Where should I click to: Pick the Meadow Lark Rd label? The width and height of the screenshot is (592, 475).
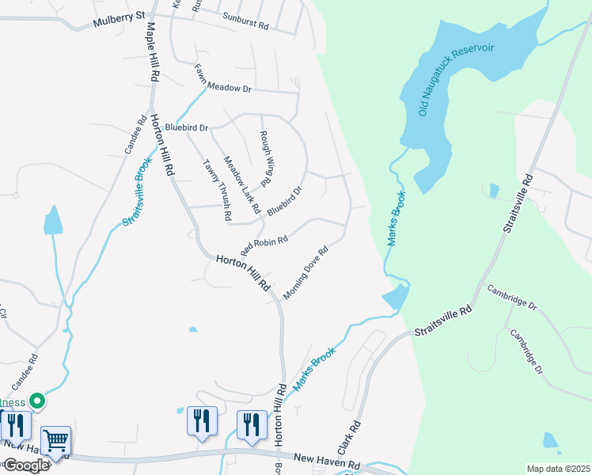tap(241, 184)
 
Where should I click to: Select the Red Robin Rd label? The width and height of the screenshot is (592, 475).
tap(264, 242)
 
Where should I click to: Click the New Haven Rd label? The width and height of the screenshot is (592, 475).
tap(327, 458)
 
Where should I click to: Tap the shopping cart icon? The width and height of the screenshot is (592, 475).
tap(55, 440)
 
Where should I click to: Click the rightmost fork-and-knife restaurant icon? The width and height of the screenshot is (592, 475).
tap(251, 424)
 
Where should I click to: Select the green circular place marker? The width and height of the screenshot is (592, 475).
tap(36, 401)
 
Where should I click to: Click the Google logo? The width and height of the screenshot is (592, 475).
tap(26, 465)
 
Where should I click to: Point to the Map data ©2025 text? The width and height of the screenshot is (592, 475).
tap(558, 469)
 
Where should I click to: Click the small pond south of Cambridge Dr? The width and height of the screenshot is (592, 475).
tap(551, 440)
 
